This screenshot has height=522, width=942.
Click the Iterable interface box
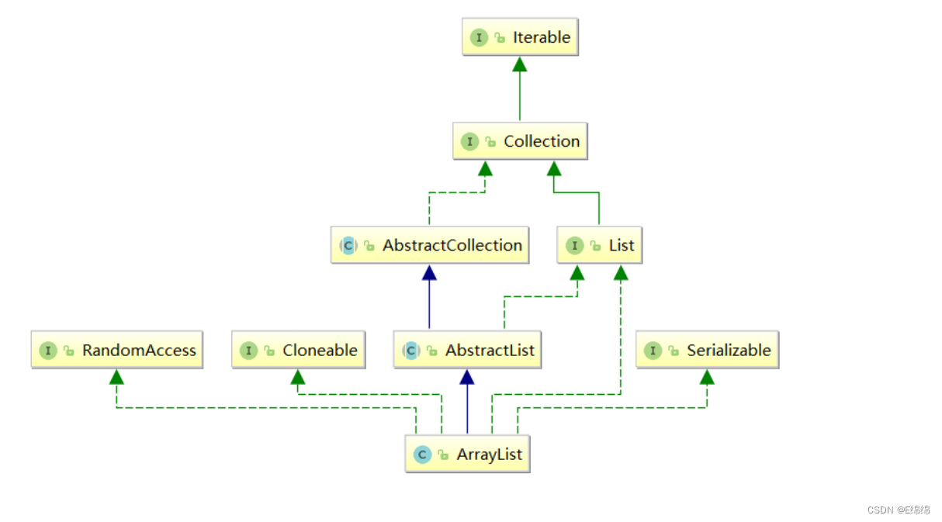[520, 37]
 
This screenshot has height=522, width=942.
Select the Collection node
[520, 141]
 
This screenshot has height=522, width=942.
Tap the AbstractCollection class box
[430, 245]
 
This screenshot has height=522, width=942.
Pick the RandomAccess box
[117, 350]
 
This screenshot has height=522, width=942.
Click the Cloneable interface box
[298, 350]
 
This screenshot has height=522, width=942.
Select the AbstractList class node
[467, 350]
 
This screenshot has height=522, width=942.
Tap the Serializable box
[707, 350]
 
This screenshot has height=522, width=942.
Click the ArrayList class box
[467, 455]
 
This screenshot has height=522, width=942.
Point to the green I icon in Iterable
[479, 37]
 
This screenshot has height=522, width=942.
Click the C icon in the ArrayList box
[422, 455]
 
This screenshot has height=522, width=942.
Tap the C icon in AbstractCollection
[348, 246]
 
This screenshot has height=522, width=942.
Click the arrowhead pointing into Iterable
[520, 64]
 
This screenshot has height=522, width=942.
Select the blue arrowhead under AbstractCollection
[429, 272]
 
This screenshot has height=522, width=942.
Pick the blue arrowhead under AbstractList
[466, 378]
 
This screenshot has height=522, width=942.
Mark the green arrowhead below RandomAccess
[116, 378]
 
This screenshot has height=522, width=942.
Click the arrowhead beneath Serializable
[707, 378]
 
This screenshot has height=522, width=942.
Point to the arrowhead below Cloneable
[298, 378]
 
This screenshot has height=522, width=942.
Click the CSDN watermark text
[899, 510]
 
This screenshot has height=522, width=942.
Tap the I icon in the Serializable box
[653, 351]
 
